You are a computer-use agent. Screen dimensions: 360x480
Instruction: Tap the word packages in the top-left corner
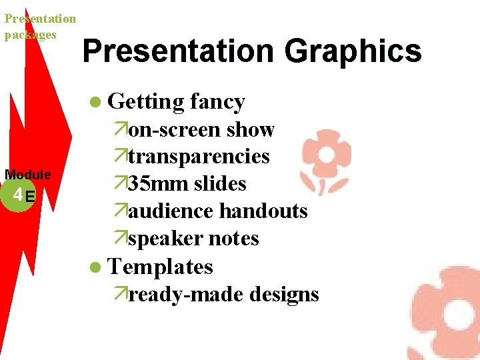(30, 35)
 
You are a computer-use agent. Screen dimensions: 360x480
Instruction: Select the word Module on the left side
(28, 175)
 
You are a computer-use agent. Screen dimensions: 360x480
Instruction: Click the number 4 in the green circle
(17, 195)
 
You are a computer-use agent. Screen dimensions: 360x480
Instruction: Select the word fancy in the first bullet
(217, 102)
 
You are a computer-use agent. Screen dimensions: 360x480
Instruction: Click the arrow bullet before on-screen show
(120, 129)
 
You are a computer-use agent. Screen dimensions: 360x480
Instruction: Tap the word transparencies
(199, 157)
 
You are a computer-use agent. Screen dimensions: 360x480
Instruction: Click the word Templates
(160, 267)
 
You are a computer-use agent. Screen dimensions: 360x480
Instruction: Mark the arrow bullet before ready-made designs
(120, 294)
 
